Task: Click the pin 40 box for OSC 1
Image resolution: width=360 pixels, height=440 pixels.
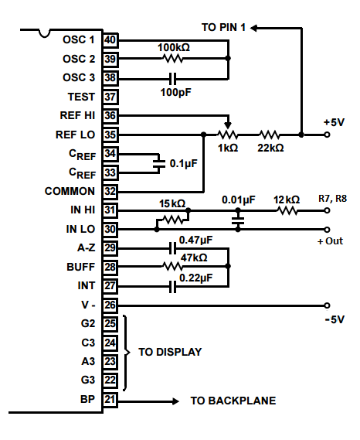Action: [110, 40]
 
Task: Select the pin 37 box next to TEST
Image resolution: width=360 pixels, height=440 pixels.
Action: [110, 97]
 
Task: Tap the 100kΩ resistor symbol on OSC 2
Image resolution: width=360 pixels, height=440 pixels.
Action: [173, 58]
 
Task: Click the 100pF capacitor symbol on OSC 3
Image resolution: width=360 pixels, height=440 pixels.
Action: [173, 79]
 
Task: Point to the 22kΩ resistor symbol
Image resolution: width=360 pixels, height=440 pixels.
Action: [269, 135]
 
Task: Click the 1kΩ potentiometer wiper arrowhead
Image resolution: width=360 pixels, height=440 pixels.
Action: [228, 125]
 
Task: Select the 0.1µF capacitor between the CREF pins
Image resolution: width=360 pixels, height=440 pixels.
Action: [159, 163]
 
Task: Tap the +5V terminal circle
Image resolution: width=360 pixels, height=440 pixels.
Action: [327, 135]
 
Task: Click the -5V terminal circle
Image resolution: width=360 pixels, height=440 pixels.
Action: [327, 305]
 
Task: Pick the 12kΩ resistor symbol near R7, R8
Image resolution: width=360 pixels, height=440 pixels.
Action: [287, 210]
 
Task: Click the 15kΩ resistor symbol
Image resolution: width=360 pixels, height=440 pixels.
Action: [173, 220]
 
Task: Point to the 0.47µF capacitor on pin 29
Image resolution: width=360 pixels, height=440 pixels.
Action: [173, 248]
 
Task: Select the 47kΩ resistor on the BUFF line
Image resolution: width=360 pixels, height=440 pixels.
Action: [172, 266]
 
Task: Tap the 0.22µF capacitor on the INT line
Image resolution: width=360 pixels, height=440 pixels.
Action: [173, 287]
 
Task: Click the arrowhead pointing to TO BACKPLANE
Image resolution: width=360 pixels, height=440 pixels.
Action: [175, 401]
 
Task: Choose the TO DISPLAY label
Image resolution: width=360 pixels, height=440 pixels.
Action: [170, 352]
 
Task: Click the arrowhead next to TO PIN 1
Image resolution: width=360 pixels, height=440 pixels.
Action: [253, 28]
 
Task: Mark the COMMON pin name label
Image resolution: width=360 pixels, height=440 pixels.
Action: [70, 191]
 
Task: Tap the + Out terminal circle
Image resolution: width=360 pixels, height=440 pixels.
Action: [327, 230]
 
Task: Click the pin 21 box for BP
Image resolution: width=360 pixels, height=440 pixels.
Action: [110, 399]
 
